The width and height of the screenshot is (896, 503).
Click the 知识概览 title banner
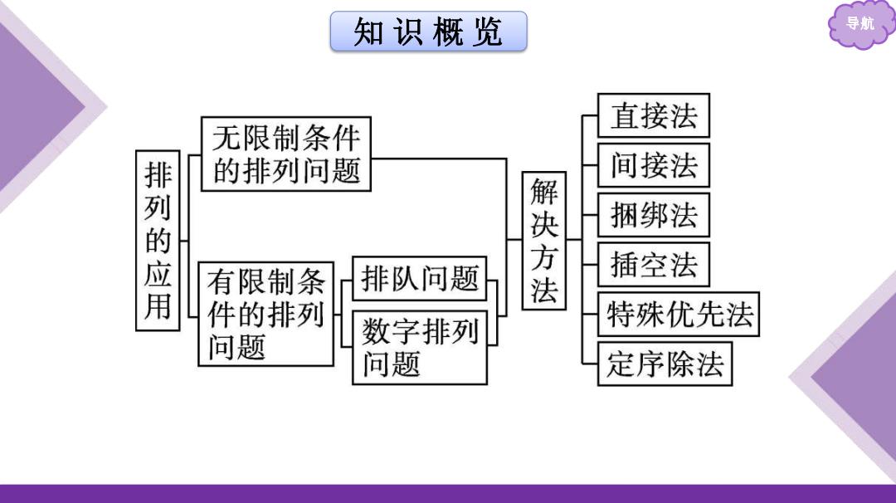click(429, 32)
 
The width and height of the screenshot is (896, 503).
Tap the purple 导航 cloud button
click(860, 24)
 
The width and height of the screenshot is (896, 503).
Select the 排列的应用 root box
click(158, 241)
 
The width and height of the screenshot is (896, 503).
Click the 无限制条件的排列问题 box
click(286, 154)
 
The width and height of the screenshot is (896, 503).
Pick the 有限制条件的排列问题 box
click(265, 314)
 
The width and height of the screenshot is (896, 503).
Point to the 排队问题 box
click(420, 278)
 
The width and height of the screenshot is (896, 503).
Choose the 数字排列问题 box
click(420, 348)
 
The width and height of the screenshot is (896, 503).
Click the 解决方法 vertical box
click(544, 241)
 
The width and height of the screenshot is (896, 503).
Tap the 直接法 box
click(654, 115)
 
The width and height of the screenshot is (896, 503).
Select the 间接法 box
click(654, 165)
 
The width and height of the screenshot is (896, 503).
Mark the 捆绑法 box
click(654, 215)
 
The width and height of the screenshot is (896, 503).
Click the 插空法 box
click(654, 265)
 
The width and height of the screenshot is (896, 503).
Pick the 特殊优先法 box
click(679, 315)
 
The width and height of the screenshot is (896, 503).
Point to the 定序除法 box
click(665, 364)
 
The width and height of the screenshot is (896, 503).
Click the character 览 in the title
click(488, 32)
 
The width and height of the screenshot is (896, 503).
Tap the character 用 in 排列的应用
click(158, 306)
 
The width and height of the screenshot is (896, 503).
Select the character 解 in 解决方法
click(544, 192)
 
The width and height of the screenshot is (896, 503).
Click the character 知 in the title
click(368, 32)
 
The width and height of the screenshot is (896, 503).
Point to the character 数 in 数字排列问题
click(377, 331)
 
